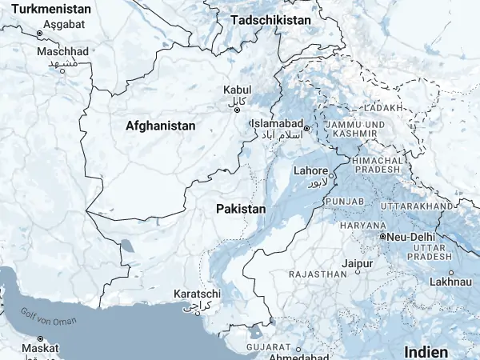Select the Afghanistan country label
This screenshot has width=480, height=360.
click(160, 126)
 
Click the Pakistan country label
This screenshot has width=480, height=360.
click(240, 208)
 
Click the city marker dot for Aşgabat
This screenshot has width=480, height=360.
click(39, 33)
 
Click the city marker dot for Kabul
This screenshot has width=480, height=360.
click(237, 110)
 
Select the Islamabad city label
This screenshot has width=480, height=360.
click(277, 125)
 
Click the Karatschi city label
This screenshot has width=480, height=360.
click(197, 294)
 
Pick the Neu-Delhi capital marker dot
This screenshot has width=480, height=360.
click(382, 237)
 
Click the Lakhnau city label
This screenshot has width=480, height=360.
click(450, 282)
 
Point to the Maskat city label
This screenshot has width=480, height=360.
click(40, 349)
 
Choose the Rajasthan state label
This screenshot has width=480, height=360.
click(319, 274)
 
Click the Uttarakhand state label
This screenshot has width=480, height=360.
click(416, 206)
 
